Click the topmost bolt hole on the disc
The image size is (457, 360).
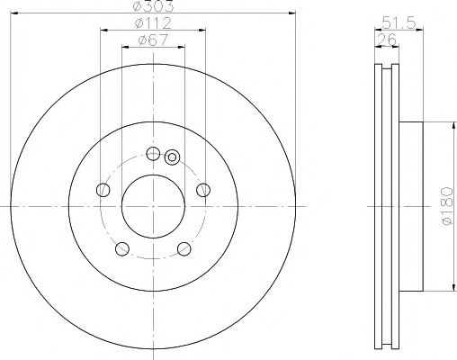pyautogui.click(x=153, y=153)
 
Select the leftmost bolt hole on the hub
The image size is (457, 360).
pyautogui.click(x=103, y=190)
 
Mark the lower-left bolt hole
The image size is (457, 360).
pyautogui.click(x=123, y=248)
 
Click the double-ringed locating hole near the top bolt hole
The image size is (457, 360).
pyautogui.click(x=173, y=159)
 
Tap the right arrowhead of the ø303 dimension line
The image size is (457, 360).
pyautogui.click(x=293, y=13)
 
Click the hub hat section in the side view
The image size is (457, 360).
pyautogui.click(x=409, y=206)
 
